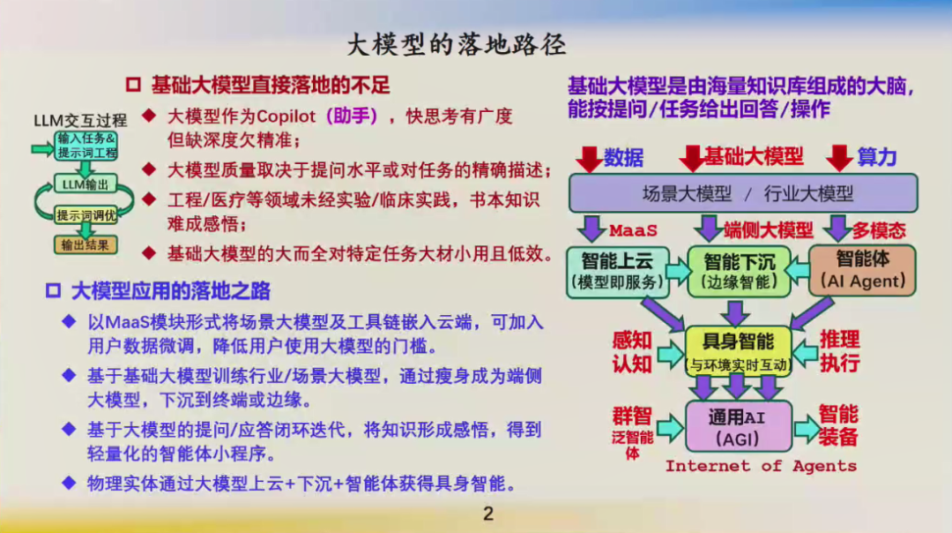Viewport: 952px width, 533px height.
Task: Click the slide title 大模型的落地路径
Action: pyautogui.click(x=457, y=44)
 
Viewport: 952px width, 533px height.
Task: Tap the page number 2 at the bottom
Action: pyautogui.click(x=488, y=514)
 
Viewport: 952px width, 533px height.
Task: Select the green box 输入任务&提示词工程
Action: pyautogui.click(x=86, y=146)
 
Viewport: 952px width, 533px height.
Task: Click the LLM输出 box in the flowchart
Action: pyautogui.click(x=86, y=184)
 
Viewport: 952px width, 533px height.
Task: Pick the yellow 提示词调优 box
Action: pyautogui.click(x=86, y=215)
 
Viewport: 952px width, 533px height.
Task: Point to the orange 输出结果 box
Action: pyautogui.click(x=86, y=245)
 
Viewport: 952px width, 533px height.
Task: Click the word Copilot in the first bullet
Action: pyautogui.click(x=286, y=116)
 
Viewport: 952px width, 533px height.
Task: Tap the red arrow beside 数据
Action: pyautogui.click(x=589, y=158)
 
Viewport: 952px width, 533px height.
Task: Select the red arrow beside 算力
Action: pyautogui.click(x=839, y=158)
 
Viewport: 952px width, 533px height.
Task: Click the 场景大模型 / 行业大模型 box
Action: pyautogui.click(x=743, y=193)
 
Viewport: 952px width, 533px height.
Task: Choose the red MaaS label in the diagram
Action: pyautogui.click(x=633, y=231)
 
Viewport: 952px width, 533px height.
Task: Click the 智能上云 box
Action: pyautogui.click(x=617, y=272)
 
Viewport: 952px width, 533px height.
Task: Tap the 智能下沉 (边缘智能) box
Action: pyautogui.click(x=739, y=272)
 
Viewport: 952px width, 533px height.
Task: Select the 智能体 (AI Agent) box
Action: pyautogui.click(x=863, y=270)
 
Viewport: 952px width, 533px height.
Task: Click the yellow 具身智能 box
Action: pyautogui.click(x=739, y=351)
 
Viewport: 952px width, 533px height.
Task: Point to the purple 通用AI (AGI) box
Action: pyautogui.click(x=739, y=426)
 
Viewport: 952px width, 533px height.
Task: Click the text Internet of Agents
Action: pyautogui.click(x=761, y=466)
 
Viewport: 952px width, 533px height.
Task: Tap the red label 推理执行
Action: pyautogui.click(x=840, y=351)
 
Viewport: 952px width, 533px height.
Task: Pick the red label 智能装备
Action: pyautogui.click(x=838, y=425)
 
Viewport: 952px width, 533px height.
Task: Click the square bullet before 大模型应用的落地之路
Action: pyautogui.click(x=54, y=291)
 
